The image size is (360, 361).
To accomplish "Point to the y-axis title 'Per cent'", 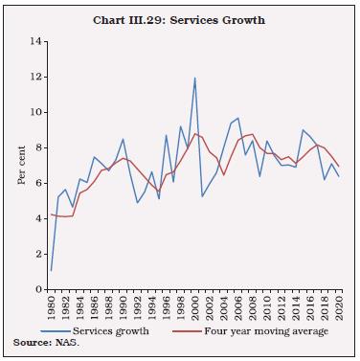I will tap(22, 165).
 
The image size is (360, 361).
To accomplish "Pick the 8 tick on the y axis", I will tap(40, 148).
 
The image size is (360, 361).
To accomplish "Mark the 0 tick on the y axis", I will tap(40, 289).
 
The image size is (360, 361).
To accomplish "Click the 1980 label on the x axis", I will tap(51, 308).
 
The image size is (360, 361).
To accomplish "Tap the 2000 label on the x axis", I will tap(194, 308).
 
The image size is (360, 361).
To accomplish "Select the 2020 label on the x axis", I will tap(338, 308).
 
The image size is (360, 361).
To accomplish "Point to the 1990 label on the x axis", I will tap(123, 308).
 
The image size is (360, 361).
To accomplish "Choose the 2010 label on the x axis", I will tap(266, 308).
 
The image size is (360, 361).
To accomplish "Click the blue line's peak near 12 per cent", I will tap(194, 79).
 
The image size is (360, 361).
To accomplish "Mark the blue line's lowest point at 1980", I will tap(51, 270).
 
